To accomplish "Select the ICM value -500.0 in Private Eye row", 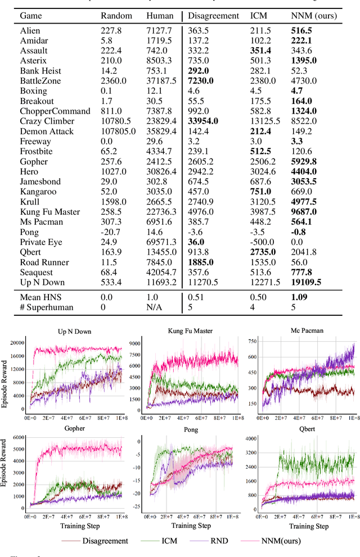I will (262, 242).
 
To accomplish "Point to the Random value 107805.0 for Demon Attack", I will (114, 131).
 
